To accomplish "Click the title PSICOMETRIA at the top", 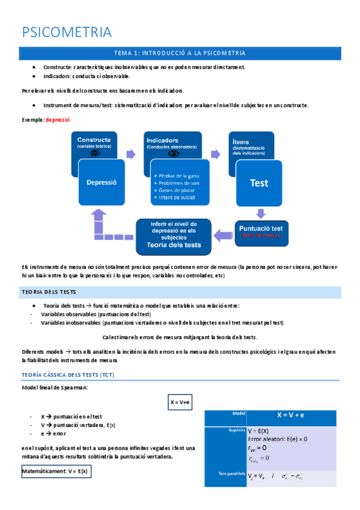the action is click(x=67, y=31).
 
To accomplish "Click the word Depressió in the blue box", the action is click(x=101, y=182).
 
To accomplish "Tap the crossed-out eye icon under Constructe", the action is click(x=95, y=153).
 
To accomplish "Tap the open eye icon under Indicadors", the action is click(x=174, y=153).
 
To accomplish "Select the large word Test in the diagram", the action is click(x=259, y=183).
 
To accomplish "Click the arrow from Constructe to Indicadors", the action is click(x=130, y=154).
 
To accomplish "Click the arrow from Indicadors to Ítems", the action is click(x=215, y=154).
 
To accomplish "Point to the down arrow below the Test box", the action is click(x=260, y=213).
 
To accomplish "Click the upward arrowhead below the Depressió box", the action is click(x=99, y=214).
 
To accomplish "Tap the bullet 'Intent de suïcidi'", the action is click(x=177, y=197).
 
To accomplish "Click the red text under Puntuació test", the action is click(x=260, y=236).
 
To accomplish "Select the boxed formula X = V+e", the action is click(x=180, y=402).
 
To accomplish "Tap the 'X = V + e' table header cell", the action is click(x=290, y=415).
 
